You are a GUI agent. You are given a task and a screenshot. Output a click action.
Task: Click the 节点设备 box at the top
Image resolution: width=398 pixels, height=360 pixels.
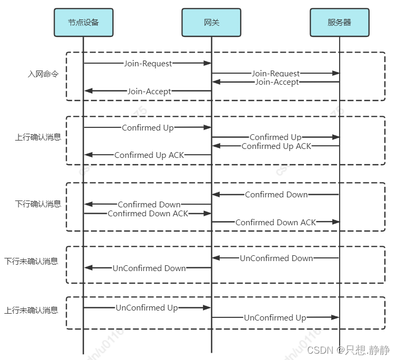(x=83, y=23)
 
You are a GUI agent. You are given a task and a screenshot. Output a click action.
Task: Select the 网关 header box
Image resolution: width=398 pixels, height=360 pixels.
(x=211, y=23)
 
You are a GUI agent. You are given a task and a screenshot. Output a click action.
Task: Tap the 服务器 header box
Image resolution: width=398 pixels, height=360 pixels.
(x=339, y=23)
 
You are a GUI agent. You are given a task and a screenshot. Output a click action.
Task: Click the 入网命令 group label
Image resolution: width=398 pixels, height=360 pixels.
(x=43, y=74)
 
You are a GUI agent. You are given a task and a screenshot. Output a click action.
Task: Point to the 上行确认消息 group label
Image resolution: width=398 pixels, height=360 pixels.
(x=38, y=137)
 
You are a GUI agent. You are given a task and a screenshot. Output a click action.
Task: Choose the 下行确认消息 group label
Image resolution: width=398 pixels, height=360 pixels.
(x=38, y=204)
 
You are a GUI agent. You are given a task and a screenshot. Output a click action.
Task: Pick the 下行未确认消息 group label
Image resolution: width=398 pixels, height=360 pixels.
(x=31, y=261)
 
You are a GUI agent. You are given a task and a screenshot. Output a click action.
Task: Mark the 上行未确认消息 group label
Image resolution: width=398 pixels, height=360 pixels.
(x=31, y=311)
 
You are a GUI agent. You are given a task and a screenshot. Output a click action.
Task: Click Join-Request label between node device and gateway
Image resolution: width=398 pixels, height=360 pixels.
(x=148, y=64)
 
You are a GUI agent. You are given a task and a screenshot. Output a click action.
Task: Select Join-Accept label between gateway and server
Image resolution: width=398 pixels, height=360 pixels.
(x=277, y=82)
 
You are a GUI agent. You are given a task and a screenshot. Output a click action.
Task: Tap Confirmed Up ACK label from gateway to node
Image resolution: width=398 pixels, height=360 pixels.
(x=149, y=155)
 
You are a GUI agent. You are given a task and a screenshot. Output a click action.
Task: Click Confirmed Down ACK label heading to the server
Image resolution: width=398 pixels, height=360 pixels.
(x=275, y=223)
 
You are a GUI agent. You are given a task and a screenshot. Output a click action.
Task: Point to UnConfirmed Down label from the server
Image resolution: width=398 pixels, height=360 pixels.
(x=276, y=258)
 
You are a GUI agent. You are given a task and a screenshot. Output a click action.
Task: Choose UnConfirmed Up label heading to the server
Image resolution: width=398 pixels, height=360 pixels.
(x=274, y=318)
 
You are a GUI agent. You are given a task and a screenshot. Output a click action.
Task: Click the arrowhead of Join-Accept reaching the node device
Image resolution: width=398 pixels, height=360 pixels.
(x=88, y=91)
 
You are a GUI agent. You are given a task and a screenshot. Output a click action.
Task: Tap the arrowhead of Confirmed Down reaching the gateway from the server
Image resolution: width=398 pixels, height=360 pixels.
(x=216, y=195)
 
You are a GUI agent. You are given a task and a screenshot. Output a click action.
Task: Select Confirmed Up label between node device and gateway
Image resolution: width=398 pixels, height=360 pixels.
(x=148, y=128)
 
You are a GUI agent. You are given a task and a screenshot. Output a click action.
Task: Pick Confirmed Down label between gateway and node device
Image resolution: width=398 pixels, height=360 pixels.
(x=149, y=204)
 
